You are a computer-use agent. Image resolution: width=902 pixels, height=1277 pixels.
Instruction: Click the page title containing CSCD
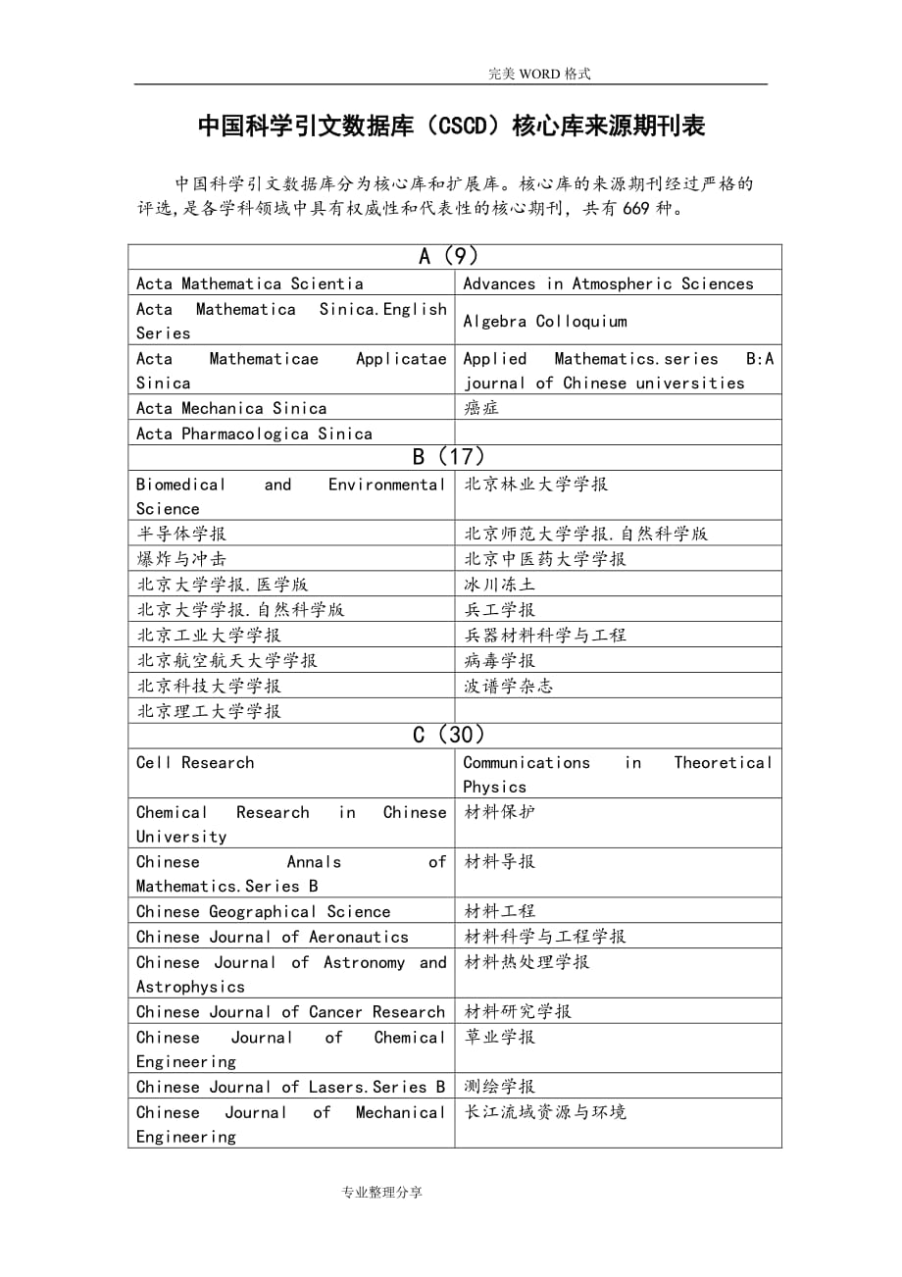coord(451,127)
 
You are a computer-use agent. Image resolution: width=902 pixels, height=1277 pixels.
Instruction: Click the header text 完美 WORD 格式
coord(539,74)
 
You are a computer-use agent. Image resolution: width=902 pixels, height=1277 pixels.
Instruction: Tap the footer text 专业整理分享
coord(381,1193)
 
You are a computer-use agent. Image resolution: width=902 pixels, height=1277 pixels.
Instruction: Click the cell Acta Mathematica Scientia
coord(250,283)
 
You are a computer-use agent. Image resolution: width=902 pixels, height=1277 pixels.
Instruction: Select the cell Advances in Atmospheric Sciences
coord(608,283)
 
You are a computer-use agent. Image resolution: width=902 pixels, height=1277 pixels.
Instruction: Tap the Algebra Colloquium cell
coord(544,321)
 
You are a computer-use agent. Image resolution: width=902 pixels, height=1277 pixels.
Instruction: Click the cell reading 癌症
coord(481,408)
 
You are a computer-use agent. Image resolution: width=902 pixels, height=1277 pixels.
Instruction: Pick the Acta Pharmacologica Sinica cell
coord(255,434)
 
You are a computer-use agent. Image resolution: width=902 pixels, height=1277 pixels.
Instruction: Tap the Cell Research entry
coord(195,763)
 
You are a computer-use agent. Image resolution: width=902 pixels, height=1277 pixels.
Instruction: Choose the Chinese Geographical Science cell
coord(263,912)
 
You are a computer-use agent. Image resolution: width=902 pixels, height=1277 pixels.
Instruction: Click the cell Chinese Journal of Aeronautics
coord(273,937)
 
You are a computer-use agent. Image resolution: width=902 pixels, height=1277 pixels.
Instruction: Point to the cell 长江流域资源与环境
coord(544,1112)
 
